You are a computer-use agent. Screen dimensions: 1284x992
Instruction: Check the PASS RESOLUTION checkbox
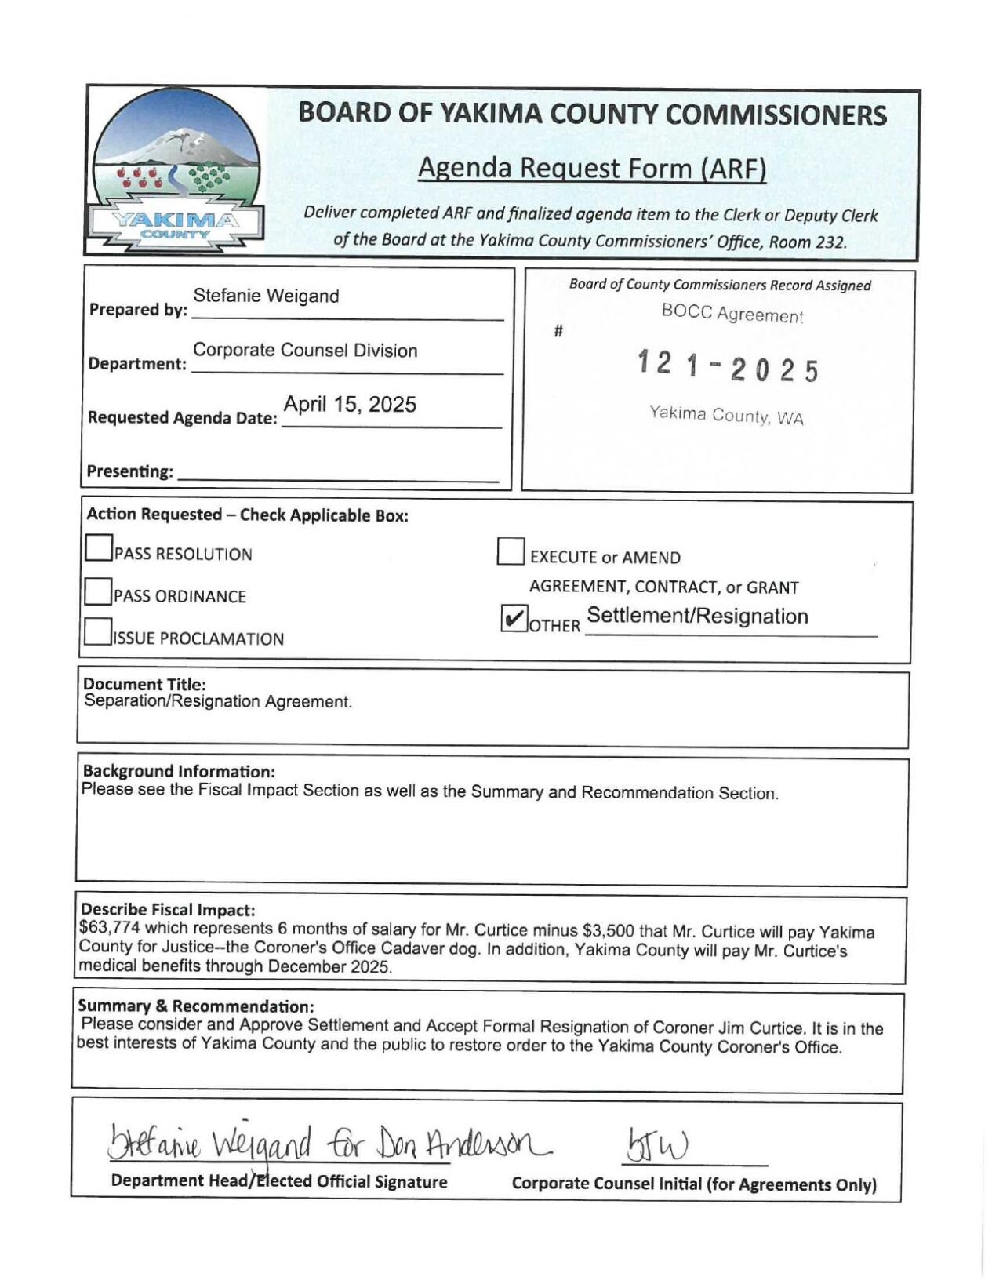click(99, 548)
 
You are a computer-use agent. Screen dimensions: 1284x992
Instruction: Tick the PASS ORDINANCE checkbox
click(98, 591)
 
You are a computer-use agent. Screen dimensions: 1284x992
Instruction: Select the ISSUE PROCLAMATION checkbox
click(98, 631)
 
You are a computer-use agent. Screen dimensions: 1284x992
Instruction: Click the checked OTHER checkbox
click(514, 619)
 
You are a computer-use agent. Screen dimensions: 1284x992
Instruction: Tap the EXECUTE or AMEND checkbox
click(511, 551)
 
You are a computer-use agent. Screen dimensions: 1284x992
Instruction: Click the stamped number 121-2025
click(728, 367)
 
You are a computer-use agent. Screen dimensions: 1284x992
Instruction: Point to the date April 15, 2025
click(350, 405)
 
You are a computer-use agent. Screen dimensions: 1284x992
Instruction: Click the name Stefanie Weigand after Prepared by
click(266, 296)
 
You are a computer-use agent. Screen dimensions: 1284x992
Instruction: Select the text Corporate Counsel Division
click(305, 350)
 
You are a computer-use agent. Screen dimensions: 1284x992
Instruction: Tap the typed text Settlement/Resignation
click(697, 616)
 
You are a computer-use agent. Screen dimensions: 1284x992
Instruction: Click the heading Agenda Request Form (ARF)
click(591, 168)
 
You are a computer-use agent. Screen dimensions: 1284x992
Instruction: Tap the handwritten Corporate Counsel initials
click(656, 1146)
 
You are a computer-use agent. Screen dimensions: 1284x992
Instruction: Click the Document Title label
click(144, 684)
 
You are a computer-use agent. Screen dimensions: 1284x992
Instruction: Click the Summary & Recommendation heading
click(195, 1006)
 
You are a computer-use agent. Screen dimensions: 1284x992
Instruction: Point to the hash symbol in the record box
click(558, 331)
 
